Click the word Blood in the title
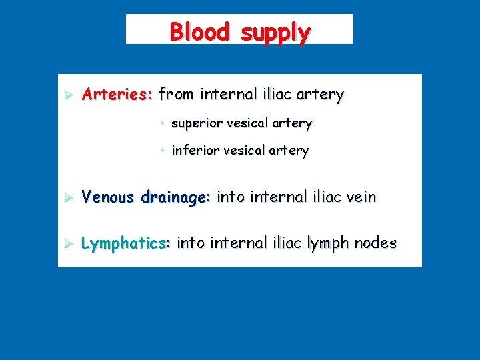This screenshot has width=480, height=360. pos(200,31)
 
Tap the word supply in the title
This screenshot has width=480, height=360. pos(275,33)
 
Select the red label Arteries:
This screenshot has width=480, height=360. pos(117,95)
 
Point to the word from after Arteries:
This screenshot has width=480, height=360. pos(175,95)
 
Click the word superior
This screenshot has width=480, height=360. pos(196,123)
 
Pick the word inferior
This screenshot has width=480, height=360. pos(194,151)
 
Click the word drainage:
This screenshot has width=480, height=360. pos(176,197)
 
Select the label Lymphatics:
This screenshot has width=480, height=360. pos(126,243)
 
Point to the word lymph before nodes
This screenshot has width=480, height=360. pos(331,244)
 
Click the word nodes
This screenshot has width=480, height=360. pos(379,243)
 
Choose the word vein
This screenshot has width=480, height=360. pos(361,197)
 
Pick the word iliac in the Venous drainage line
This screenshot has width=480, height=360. pos(323,197)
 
